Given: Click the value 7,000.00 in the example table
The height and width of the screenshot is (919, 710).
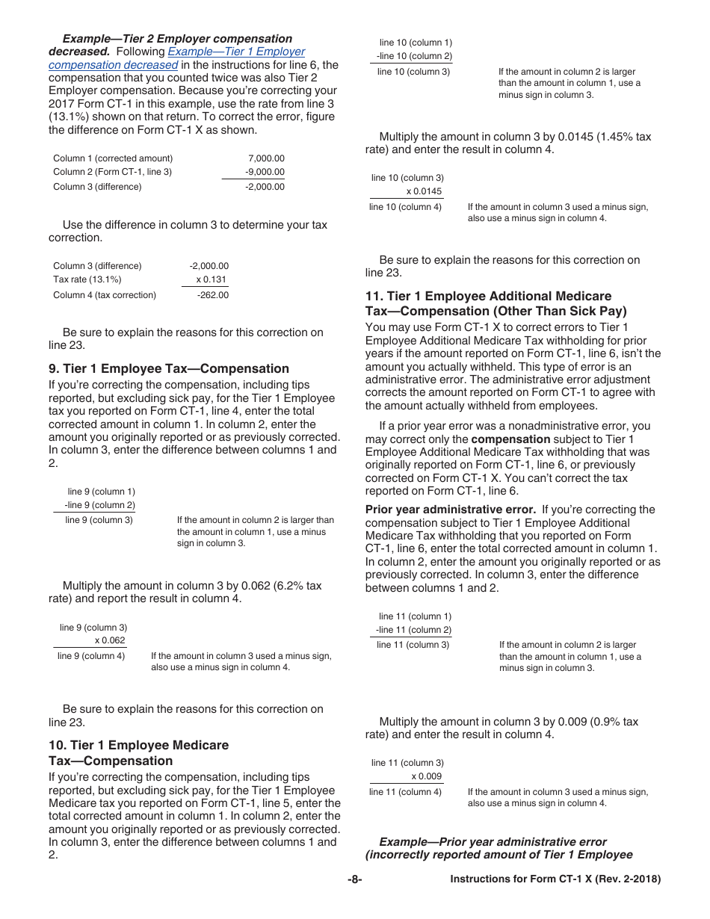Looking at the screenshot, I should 266,158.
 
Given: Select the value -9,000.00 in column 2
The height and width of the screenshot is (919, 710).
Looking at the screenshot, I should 265,172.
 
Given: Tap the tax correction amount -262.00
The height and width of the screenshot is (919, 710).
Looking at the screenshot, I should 213,295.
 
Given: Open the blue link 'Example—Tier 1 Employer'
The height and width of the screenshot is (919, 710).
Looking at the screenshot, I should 236,52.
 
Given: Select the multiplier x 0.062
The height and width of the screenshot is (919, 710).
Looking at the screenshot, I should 110,641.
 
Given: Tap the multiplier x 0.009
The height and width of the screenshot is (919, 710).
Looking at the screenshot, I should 426,776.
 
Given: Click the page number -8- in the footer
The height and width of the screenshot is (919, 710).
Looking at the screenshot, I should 355,879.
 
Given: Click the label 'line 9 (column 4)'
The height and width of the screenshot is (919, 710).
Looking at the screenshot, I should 91,656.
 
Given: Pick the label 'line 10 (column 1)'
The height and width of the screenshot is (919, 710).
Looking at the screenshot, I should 416,43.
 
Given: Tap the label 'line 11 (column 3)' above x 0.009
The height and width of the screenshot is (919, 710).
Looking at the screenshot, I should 407,763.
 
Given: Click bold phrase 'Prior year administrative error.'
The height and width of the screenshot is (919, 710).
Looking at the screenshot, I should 450,510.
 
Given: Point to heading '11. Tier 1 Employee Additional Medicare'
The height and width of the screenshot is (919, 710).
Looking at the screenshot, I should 488,296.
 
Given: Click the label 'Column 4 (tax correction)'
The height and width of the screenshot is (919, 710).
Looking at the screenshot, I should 105,295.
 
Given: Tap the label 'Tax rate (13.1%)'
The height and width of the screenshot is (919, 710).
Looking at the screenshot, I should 87,279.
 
